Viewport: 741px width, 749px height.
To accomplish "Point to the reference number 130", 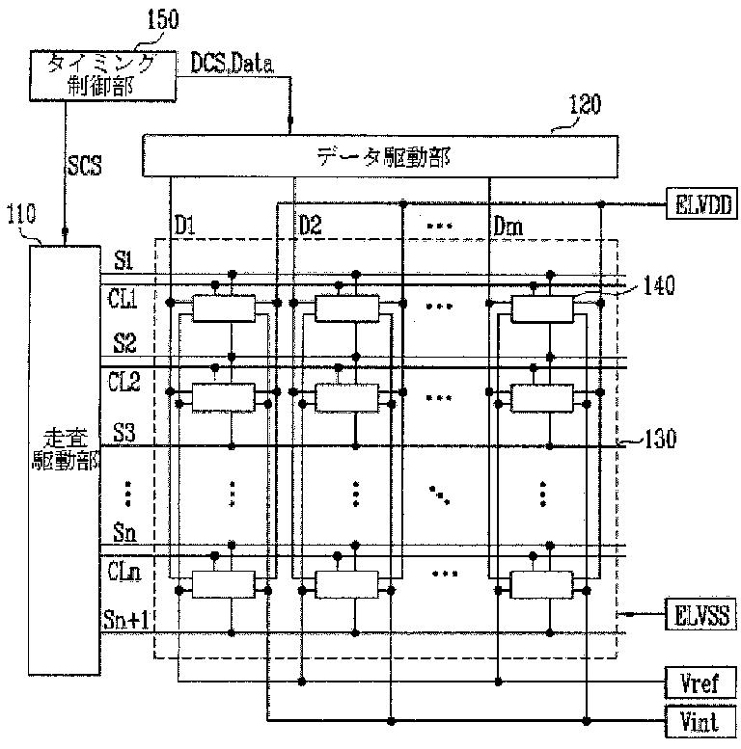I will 660,439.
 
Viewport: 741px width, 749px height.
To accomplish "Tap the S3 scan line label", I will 123,433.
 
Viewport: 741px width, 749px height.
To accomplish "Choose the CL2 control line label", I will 124,383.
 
